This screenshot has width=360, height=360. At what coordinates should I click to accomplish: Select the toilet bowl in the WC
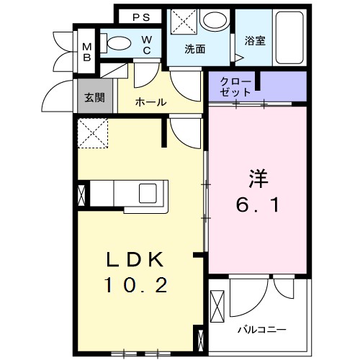point(115,42)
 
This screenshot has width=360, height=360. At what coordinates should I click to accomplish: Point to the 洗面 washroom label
point(194,50)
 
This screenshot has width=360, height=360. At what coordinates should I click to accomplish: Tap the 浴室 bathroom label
point(254,41)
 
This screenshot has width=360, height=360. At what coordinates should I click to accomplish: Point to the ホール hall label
point(151,102)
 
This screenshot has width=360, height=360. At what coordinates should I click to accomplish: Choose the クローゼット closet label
point(235,86)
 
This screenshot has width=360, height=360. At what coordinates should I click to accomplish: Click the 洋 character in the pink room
point(258,177)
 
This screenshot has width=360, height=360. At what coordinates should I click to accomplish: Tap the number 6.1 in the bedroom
point(258,204)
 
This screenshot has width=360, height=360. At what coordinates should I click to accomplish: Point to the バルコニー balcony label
point(262,329)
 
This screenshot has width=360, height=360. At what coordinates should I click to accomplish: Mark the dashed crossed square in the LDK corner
point(93,132)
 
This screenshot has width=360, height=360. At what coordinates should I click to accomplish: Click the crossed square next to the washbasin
point(183,22)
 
